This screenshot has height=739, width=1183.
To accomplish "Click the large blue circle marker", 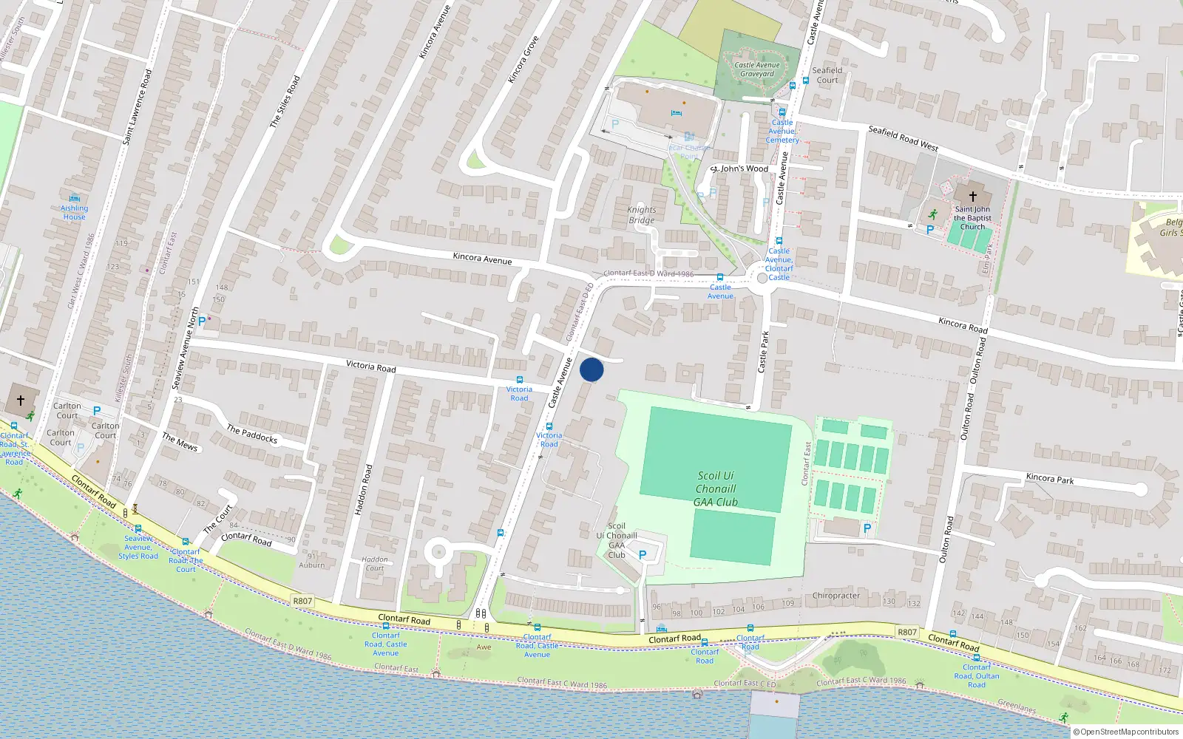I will pos(591,369).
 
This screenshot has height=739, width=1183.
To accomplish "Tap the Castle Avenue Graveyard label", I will pos(757,69).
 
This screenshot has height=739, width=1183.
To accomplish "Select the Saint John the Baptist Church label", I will pos(972,218).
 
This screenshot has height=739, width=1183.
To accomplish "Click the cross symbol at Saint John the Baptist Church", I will pos(973,196).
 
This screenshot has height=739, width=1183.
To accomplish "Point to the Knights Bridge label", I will pos(642,215).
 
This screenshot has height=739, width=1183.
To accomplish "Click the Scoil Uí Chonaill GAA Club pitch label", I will pos(715,489).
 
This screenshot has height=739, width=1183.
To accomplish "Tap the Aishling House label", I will pos(74,212).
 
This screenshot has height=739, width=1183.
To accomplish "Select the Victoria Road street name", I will pos(370,367).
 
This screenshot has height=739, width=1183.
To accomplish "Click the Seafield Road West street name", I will pos(903,138).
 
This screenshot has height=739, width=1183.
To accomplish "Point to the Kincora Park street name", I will pos(1050,479).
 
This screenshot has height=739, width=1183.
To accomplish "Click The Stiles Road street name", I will pos(285,102).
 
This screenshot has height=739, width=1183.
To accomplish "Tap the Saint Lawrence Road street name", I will pos(137,107).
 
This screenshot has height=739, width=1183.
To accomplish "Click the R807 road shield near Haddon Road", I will pos(302,601).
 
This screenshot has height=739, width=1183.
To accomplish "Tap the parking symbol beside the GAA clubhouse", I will pos(643,554).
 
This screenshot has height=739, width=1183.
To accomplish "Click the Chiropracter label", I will pos(836,596).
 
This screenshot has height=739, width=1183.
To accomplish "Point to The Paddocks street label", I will pos(252,435).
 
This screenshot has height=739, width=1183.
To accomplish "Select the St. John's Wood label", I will pos(740,168).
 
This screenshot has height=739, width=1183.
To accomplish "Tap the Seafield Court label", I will pos(827,75).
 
